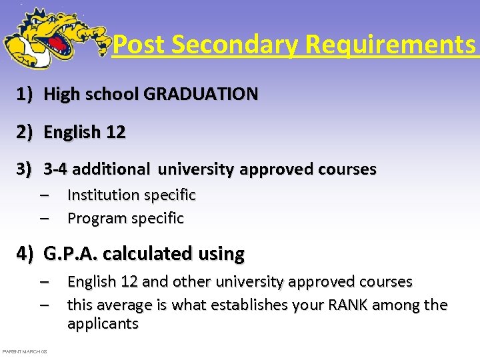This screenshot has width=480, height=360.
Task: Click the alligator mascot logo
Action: tap(53, 39)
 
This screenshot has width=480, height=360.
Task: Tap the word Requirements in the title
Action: tap(391, 45)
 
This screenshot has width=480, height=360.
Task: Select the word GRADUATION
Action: tap(201, 95)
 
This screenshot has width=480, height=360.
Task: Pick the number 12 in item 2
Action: tap(115, 133)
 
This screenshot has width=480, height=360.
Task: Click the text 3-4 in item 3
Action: tap(56, 170)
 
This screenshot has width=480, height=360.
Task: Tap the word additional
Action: tap(111, 170)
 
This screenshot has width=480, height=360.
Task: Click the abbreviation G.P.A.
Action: tap(71, 254)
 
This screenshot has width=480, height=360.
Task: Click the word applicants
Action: tap(103, 325)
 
